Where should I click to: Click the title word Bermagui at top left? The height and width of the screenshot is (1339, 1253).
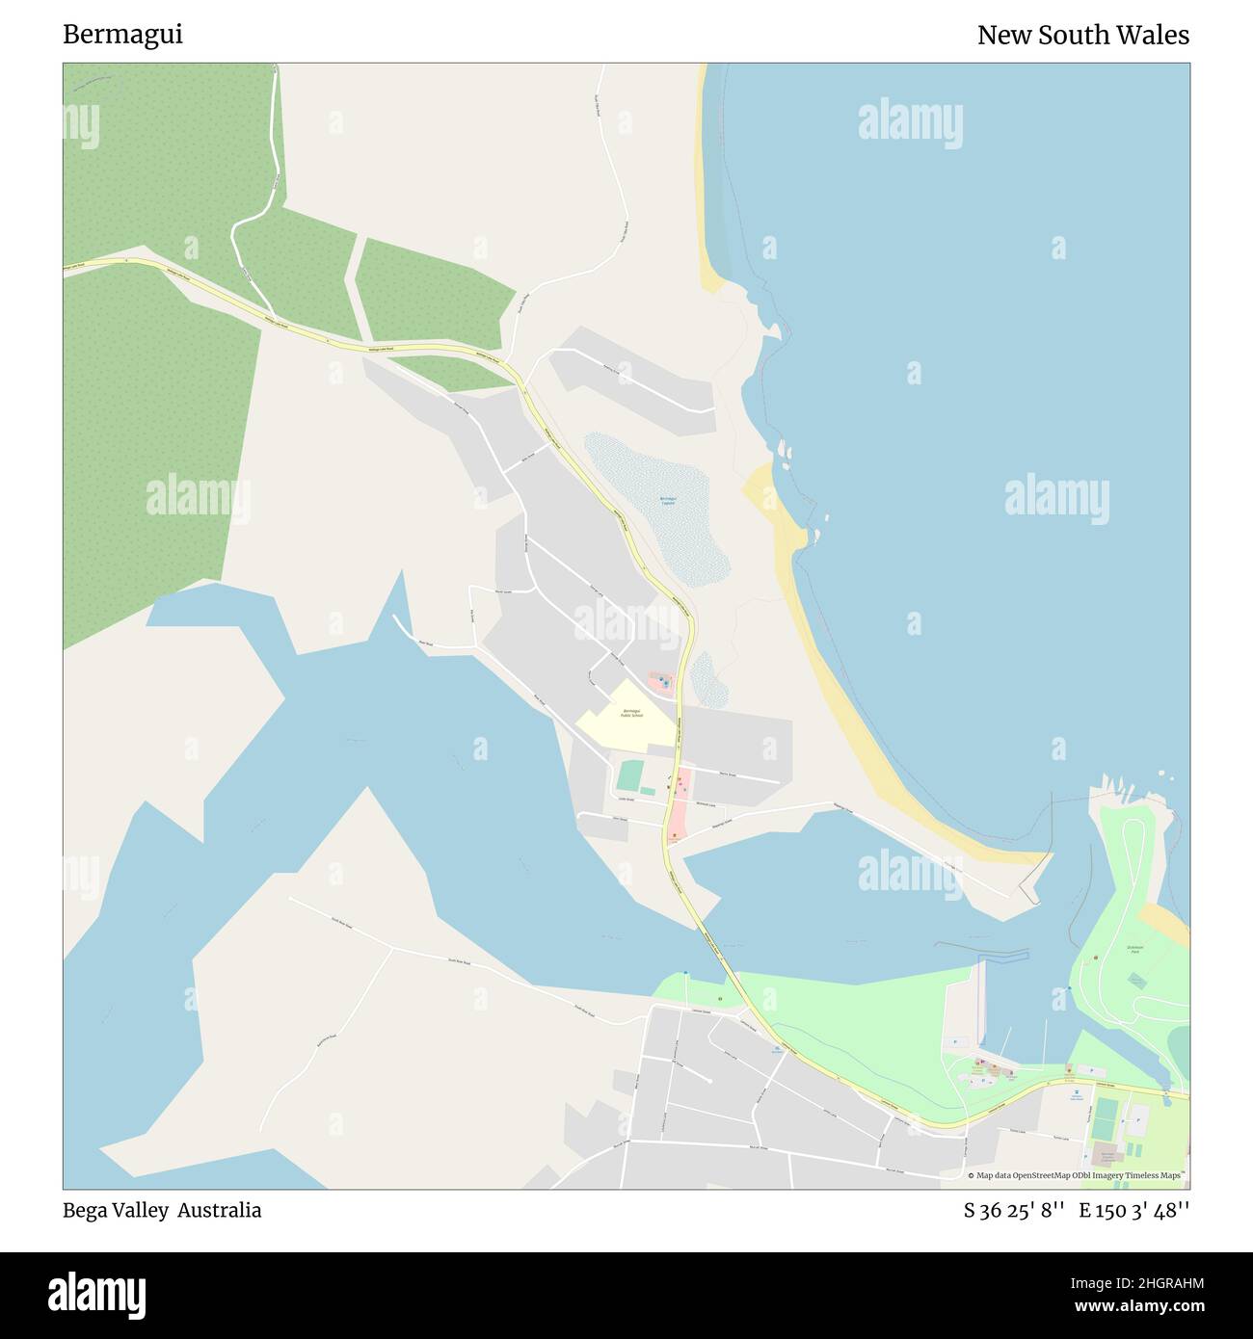122,35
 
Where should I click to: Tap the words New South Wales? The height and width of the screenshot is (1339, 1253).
1082,35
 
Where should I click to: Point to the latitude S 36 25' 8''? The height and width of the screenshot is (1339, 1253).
1014,1210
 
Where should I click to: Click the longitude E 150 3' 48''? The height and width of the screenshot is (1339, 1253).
1133,1210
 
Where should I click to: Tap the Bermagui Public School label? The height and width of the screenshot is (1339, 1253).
631,713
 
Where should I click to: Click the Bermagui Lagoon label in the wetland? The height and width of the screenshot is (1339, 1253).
667,500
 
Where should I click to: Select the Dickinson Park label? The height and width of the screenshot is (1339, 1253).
1134,950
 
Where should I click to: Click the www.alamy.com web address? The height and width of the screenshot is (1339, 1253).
1135,1307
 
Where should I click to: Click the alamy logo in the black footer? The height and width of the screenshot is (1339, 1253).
96,1293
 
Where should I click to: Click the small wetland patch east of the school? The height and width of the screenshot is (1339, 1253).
710,678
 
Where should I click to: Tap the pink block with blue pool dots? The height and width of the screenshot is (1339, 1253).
661,683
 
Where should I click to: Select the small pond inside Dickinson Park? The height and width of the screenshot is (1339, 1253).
1137,980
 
